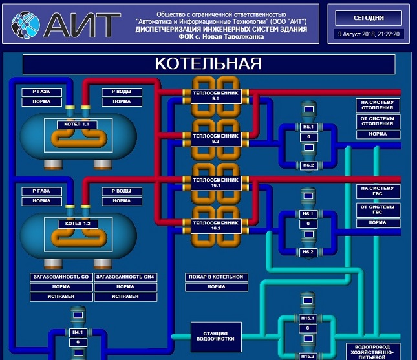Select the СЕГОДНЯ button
click(369, 17)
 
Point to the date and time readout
click(369, 34)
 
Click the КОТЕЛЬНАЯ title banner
click(208, 63)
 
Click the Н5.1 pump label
click(308, 127)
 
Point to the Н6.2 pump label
click(308, 251)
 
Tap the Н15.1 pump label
click(308, 318)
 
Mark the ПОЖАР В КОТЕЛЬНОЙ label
click(216, 277)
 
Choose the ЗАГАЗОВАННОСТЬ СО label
click(61, 277)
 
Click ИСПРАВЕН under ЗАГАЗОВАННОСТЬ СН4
click(125, 297)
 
